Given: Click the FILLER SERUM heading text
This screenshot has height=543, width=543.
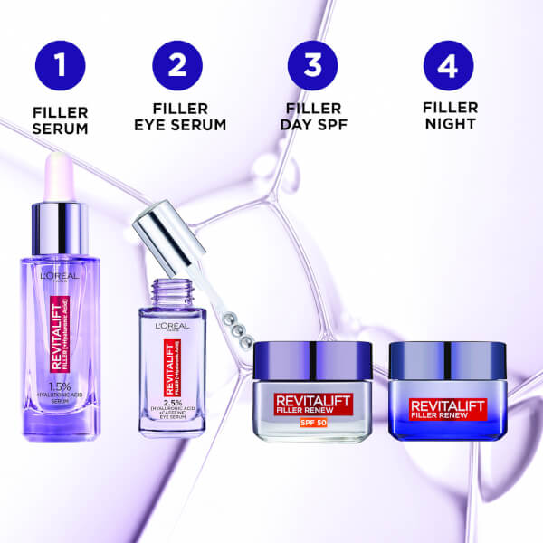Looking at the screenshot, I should tap(61, 120).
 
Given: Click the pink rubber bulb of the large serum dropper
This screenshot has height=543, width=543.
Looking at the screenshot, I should tap(60, 176).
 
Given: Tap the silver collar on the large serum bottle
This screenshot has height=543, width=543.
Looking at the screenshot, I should tap(60, 227).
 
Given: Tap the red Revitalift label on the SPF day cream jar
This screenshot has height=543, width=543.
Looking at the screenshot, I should tap(312, 398).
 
